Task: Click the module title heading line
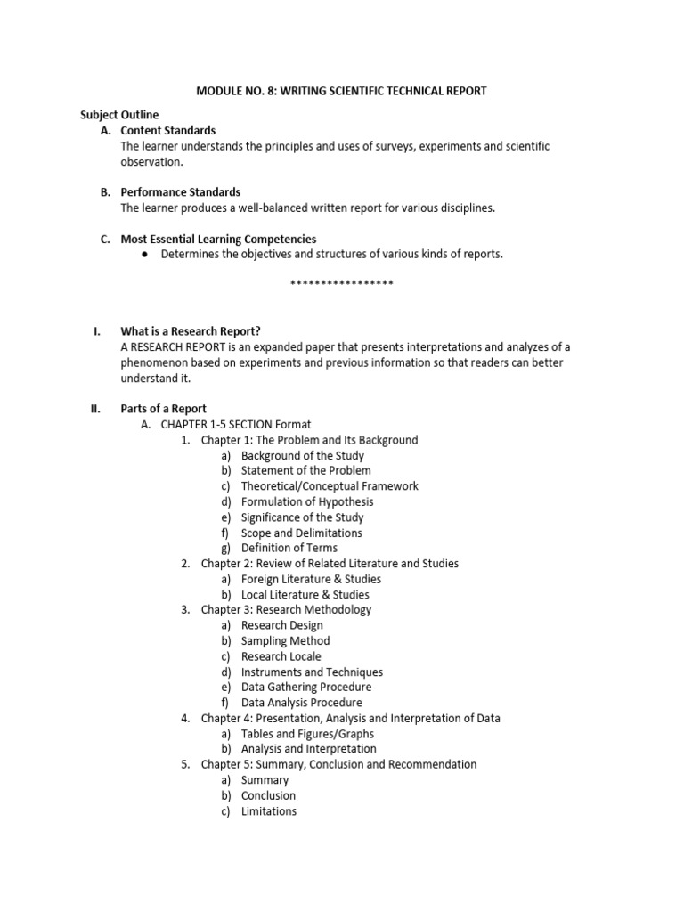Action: coord(341,91)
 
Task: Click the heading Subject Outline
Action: coord(119,115)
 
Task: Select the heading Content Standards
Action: coord(168,131)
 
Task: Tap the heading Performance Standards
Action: coord(181,192)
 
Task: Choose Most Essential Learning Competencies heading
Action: coord(218,239)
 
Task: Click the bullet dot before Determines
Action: coord(144,255)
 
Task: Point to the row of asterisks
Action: coord(342,283)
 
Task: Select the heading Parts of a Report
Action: coord(164,409)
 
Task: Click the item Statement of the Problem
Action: coord(306,470)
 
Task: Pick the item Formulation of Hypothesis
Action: coord(307,501)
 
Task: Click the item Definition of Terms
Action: coord(289,548)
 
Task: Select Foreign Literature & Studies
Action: coord(305,579)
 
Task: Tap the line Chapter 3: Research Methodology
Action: coord(286,610)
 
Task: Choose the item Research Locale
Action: coord(281,656)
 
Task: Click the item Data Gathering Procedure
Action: coord(306,688)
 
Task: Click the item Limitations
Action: coord(269,811)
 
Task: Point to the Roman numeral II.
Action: coord(94,409)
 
